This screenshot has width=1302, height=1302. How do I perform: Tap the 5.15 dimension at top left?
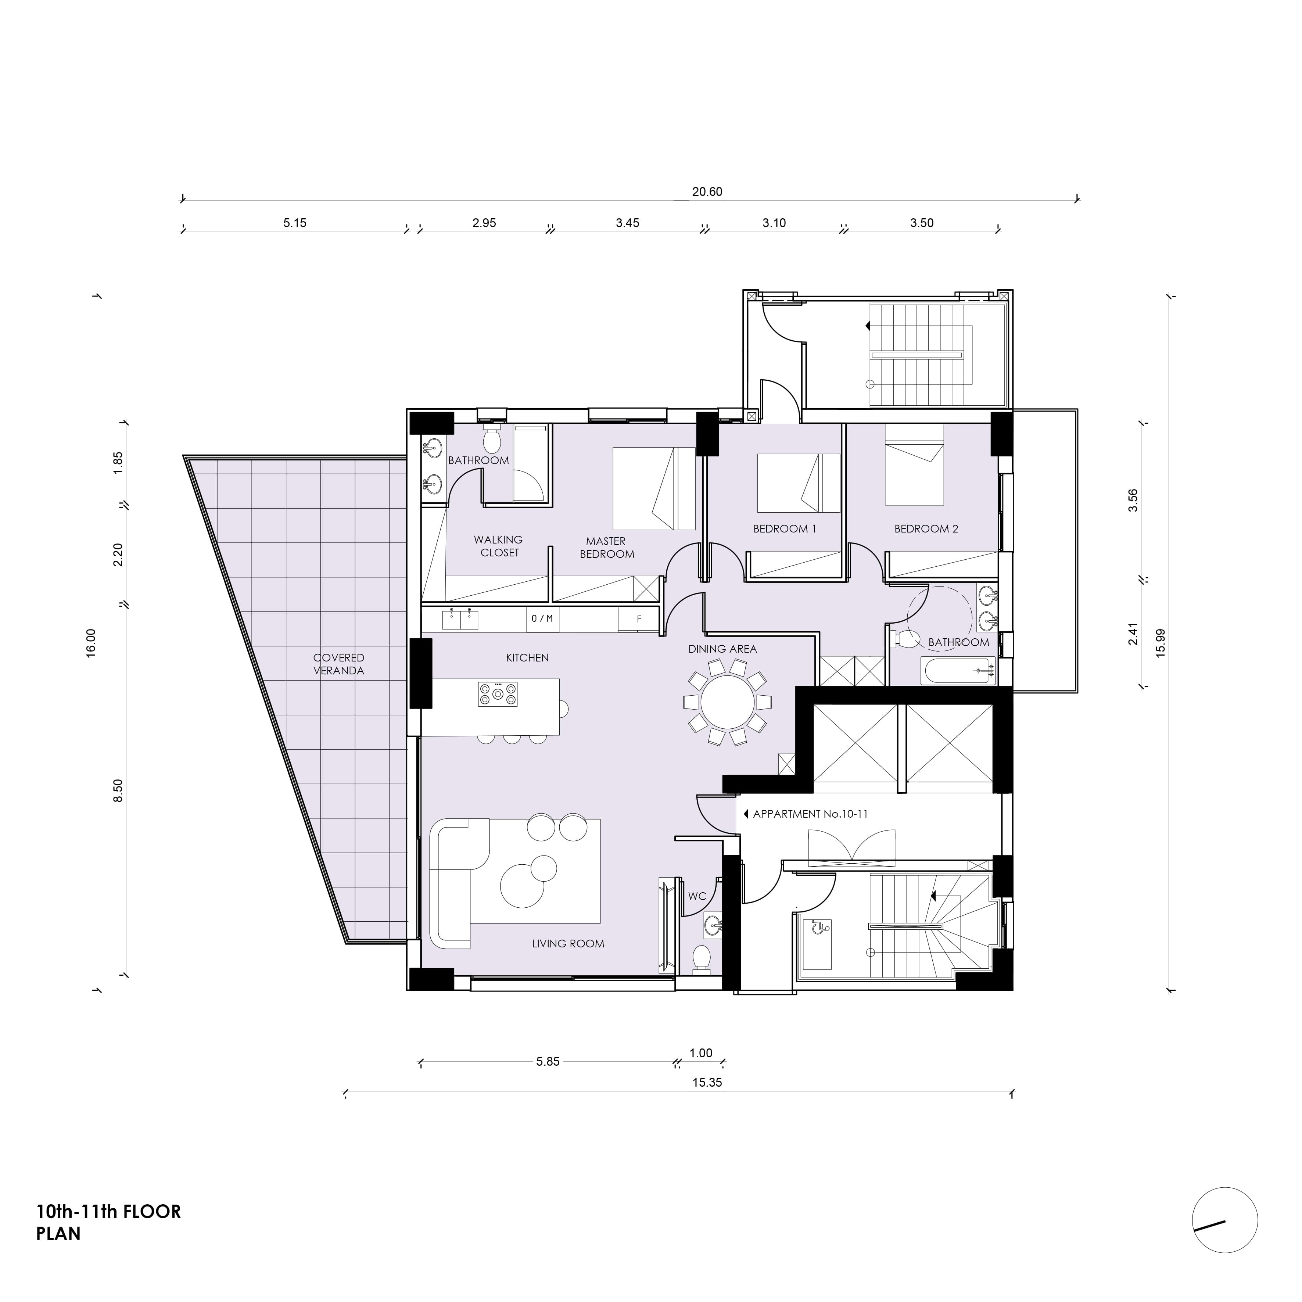coord(294,223)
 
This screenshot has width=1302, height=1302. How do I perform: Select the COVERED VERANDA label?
coord(338,664)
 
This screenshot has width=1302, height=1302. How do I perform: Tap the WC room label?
coord(697,896)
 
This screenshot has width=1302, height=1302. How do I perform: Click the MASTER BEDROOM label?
coord(606,547)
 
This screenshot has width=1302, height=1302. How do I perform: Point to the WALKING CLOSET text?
coord(498,546)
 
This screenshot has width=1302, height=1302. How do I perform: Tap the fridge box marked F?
coord(638,618)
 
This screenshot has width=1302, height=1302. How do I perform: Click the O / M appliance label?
coord(542,618)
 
